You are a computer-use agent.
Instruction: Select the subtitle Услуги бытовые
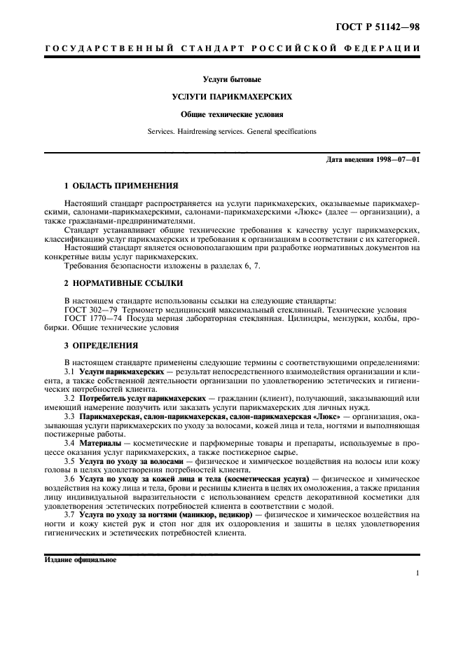point(232,79)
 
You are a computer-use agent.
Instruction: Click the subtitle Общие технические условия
point(232,114)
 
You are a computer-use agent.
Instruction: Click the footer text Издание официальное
point(81,561)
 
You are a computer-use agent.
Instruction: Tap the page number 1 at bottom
point(417,573)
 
